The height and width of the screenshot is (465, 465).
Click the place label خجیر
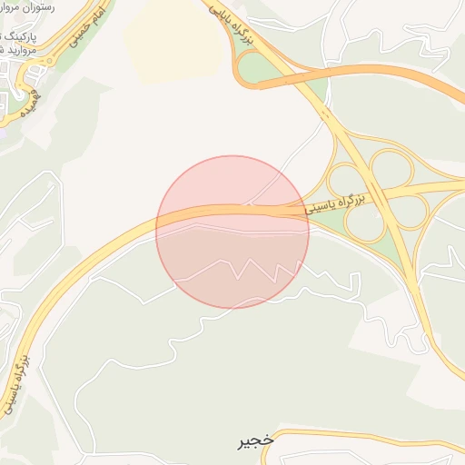pos(254,442)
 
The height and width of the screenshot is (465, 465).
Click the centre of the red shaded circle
pos(232,232)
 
